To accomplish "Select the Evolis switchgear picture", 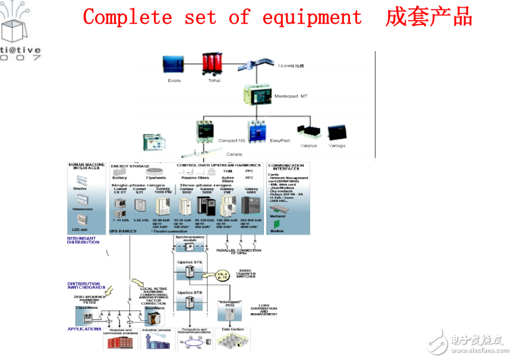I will pyautogui.click(x=174, y=65).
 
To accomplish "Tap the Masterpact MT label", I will pyautogui.click(x=291, y=96).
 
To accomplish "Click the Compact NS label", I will pyautogui.click(x=232, y=141).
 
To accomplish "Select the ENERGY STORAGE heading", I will pyautogui.click(x=130, y=166).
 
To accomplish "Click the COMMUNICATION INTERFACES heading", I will pyautogui.click(x=286, y=167).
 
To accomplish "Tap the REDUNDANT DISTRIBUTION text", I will pyautogui.click(x=83, y=240).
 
